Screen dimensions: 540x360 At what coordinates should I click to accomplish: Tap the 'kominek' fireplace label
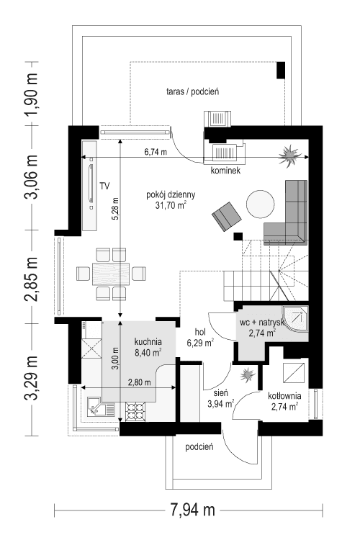click(225, 171)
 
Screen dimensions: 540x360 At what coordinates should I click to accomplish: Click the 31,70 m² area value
click(166, 205)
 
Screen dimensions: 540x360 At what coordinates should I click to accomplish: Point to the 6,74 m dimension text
click(155, 152)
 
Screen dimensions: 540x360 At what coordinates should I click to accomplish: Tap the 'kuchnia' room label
click(148, 343)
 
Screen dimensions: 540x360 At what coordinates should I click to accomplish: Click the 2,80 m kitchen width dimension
click(139, 382)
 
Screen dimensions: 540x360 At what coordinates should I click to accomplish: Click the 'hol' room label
click(201, 332)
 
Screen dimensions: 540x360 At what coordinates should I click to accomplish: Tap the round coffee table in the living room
click(259, 204)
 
